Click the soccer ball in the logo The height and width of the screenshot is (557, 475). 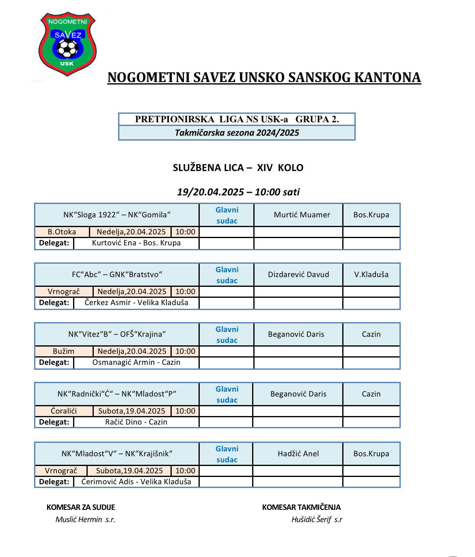click(x=67, y=48)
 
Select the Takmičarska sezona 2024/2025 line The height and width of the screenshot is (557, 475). click(x=237, y=133)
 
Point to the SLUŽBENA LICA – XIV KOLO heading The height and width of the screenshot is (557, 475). click(x=238, y=168)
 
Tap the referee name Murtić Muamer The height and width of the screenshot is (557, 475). click(x=302, y=215)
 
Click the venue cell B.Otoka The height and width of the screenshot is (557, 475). click(x=62, y=232)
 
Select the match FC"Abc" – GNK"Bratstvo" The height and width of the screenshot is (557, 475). click(x=117, y=275)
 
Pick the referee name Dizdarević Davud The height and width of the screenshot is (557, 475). click(x=298, y=275)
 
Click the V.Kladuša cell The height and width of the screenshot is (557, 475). click(x=371, y=275)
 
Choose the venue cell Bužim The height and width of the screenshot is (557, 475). click(x=64, y=351)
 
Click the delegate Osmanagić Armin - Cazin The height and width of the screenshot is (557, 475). click(x=136, y=362)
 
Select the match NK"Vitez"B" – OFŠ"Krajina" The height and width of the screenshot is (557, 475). click(x=117, y=334)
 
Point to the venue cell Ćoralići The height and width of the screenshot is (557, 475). click(x=64, y=411)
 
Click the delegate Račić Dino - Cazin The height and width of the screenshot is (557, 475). click(x=136, y=422)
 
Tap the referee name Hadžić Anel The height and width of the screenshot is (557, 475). click(x=298, y=454)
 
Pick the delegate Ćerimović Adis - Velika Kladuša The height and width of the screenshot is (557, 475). click(x=136, y=482)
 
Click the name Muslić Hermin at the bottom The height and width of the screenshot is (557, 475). click(x=79, y=520)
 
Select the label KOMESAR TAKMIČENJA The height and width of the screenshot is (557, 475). click(x=301, y=507)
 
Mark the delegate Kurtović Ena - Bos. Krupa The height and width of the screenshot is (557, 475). click(x=136, y=243)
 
